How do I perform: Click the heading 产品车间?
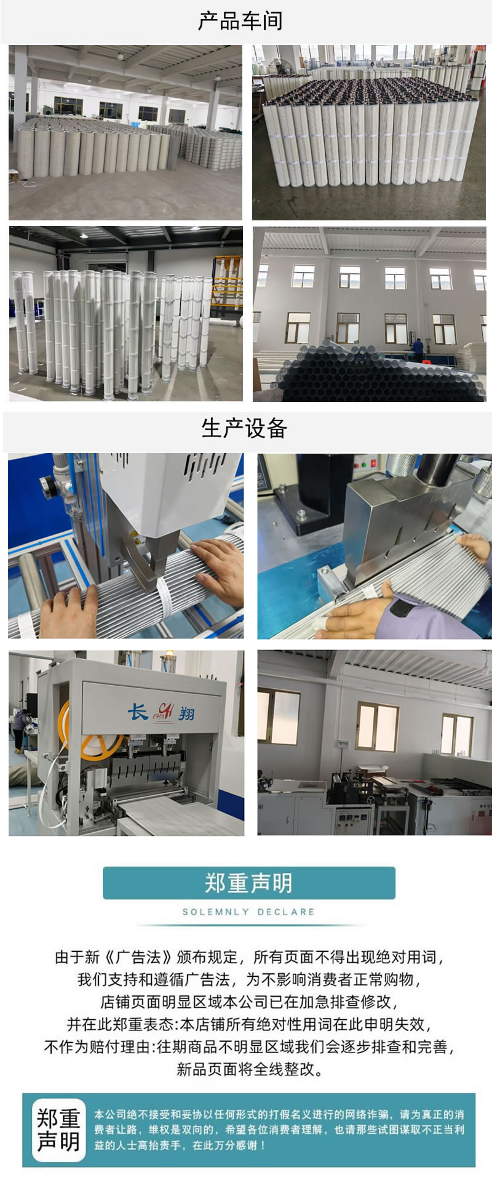point(240,21)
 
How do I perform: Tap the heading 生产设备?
point(244,428)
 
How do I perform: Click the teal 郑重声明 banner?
point(248,883)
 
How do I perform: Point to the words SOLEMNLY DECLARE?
point(248,912)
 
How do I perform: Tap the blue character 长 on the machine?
point(138,712)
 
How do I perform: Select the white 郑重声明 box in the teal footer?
point(59,1130)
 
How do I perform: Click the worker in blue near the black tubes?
point(418,349)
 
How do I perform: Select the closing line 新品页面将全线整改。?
point(250,1069)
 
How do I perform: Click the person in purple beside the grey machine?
point(20,726)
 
